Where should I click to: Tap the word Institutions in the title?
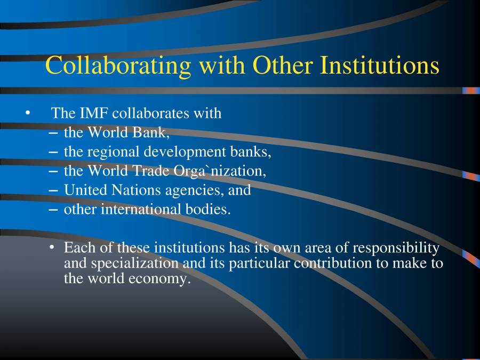(x=379, y=66)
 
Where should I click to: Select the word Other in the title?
(x=282, y=66)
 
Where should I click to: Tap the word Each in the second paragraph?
(x=78, y=248)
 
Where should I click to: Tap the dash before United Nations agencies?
(x=53, y=190)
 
